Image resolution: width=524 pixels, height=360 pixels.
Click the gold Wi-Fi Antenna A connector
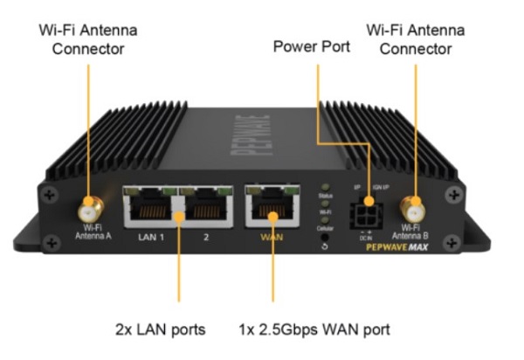(x=88, y=211)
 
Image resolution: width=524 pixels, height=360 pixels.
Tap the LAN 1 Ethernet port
(x=148, y=207)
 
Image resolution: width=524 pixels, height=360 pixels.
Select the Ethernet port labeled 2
(x=204, y=207)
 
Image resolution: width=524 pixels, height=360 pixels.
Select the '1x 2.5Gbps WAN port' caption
(x=314, y=329)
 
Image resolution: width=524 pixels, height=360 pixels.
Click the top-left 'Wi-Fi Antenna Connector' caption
(x=88, y=39)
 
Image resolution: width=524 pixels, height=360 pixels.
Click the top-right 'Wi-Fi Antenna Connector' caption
(x=416, y=39)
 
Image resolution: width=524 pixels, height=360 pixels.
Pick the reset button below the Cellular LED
(x=325, y=236)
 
